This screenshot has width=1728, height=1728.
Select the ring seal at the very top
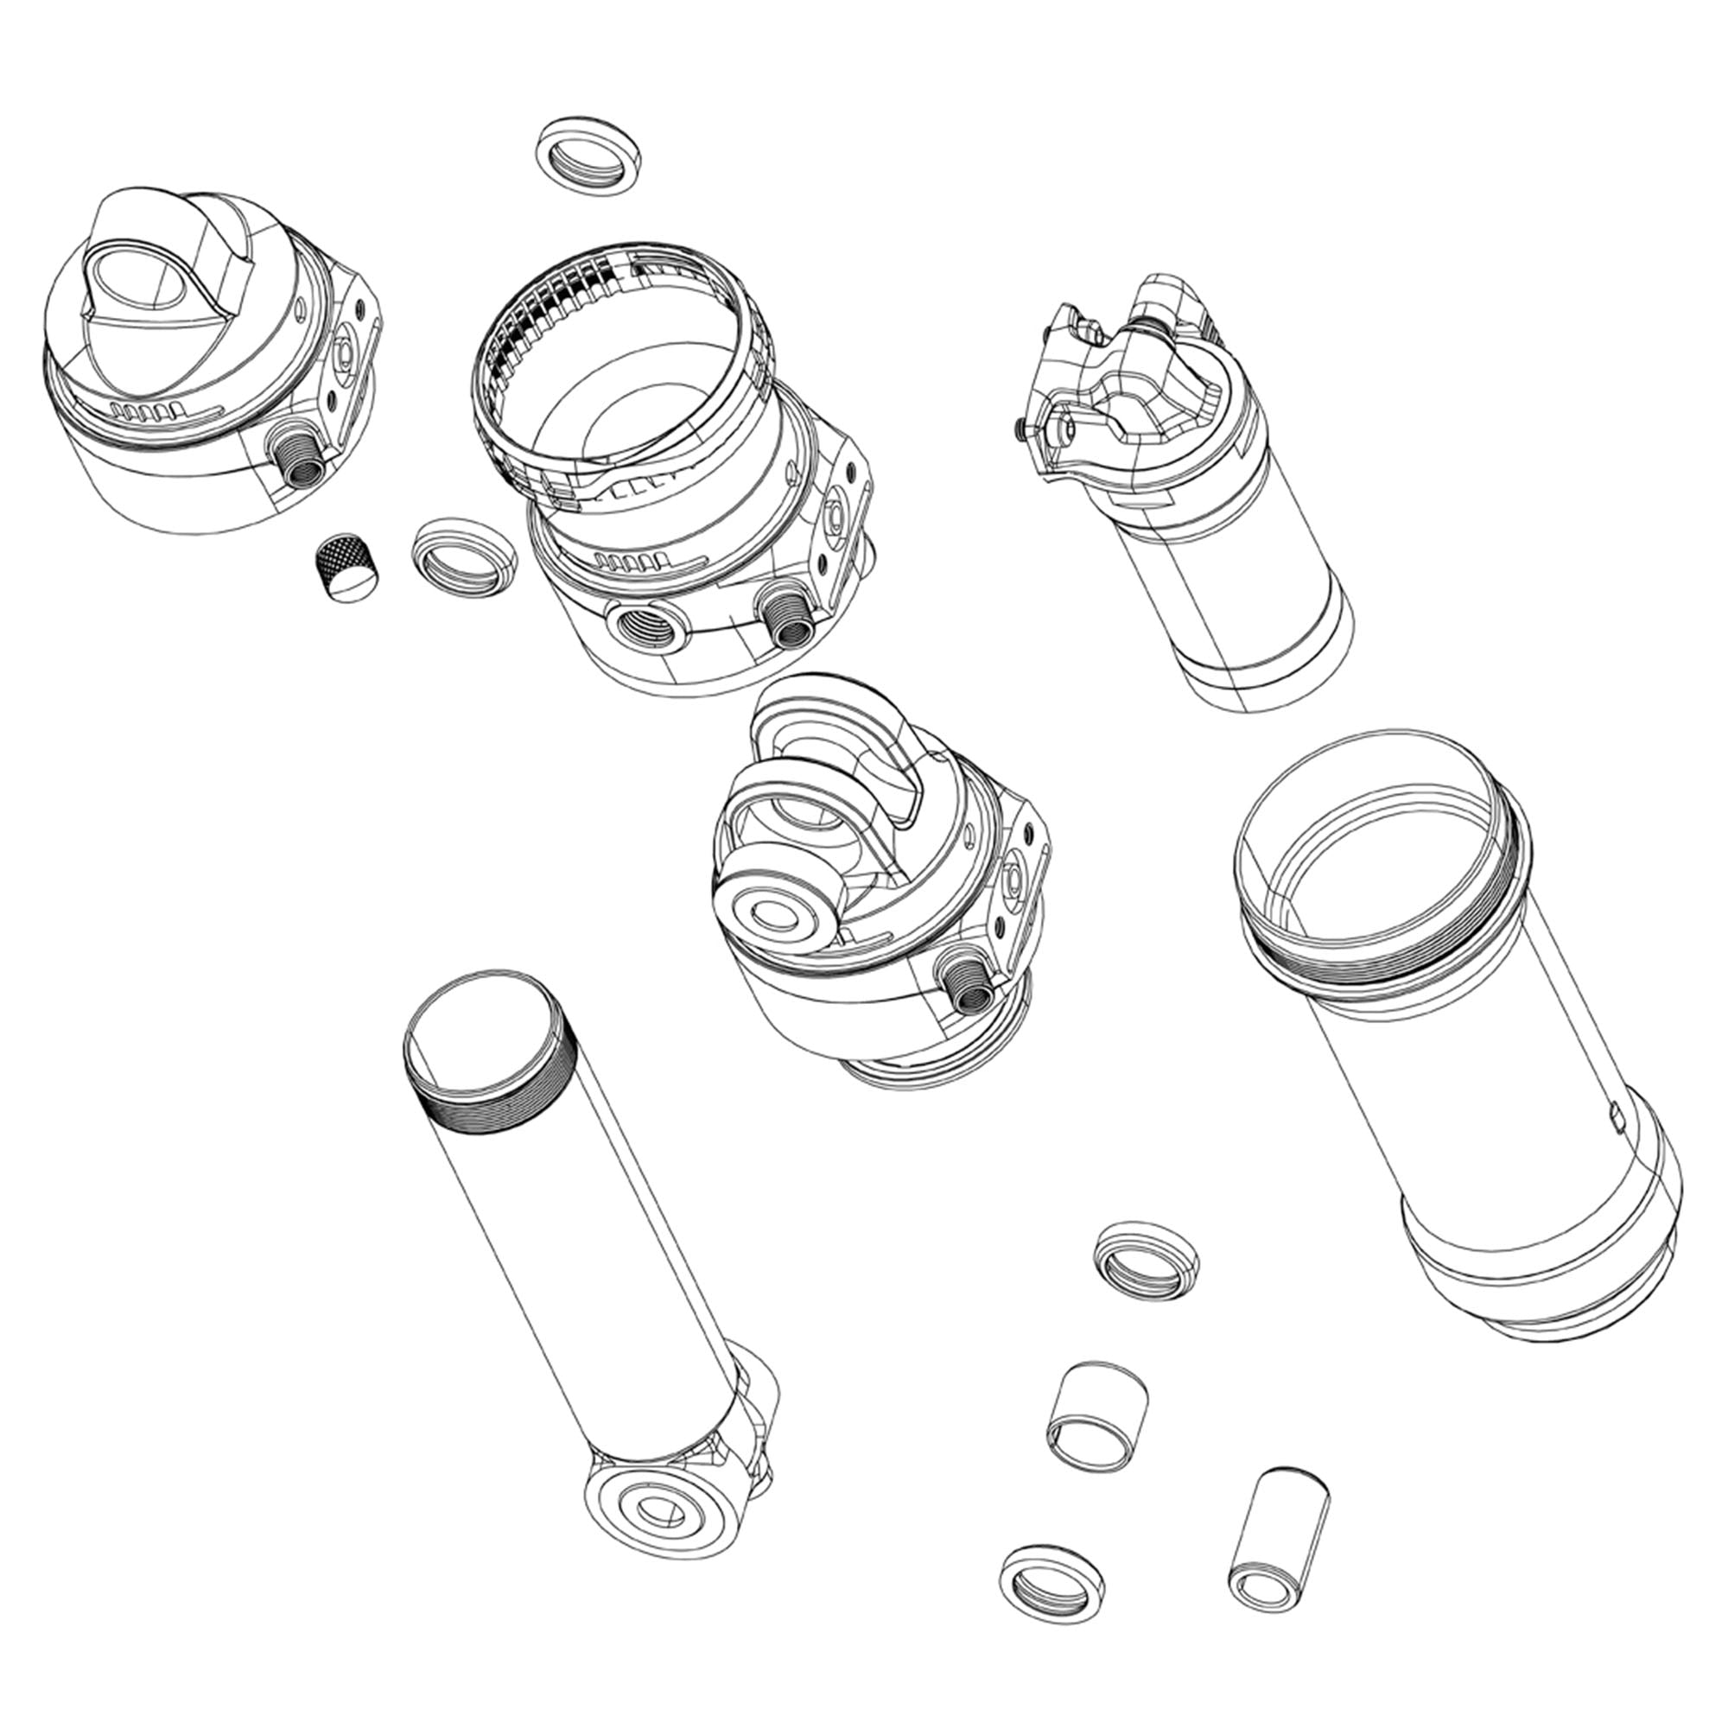(587, 151)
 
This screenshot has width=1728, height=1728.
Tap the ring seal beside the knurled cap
(462, 556)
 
